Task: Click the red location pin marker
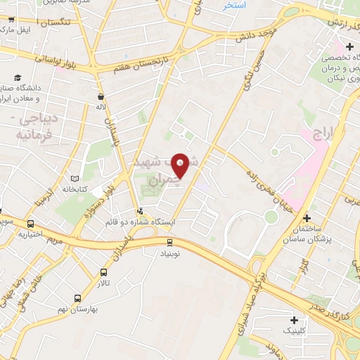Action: (x=181, y=165)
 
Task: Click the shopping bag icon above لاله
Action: (x=101, y=96)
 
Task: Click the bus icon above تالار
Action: (x=104, y=273)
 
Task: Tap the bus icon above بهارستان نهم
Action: (x=78, y=298)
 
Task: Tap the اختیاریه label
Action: (x=31, y=234)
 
